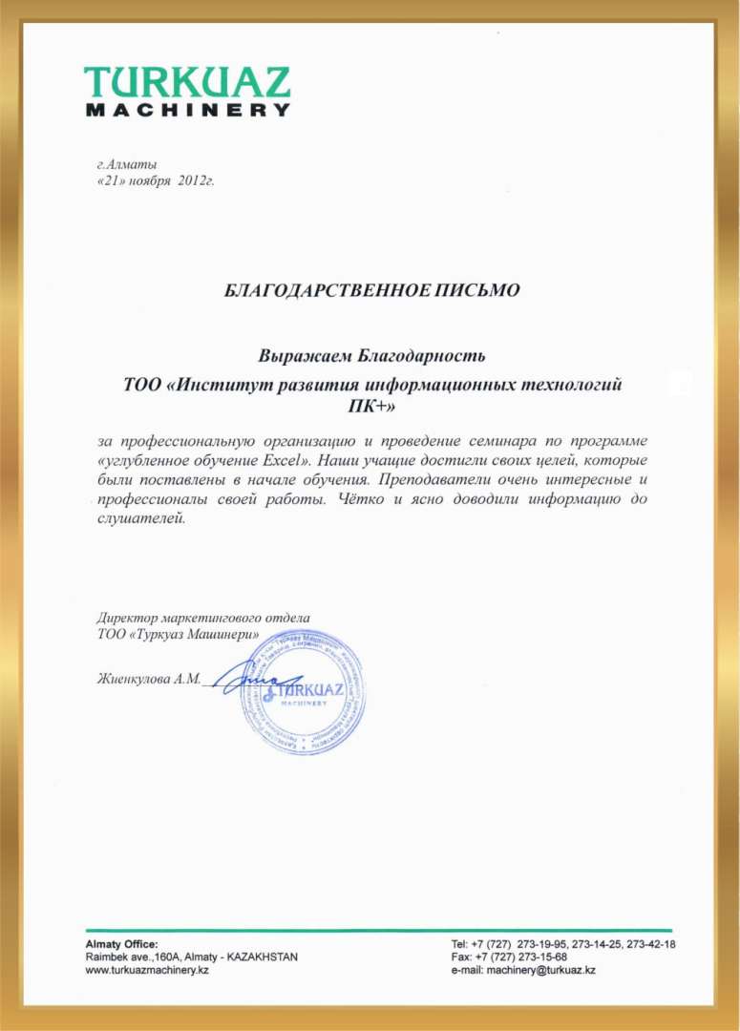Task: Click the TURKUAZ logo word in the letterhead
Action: [x=186, y=82]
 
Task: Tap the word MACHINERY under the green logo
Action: [x=187, y=110]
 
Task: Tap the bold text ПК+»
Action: [x=372, y=406]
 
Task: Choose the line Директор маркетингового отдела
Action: [x=204, y=618]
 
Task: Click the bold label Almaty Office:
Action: [x=116, y=943]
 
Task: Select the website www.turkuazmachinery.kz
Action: [x=148, y=969]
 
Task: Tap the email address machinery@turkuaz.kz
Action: [x=541, y=969]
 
